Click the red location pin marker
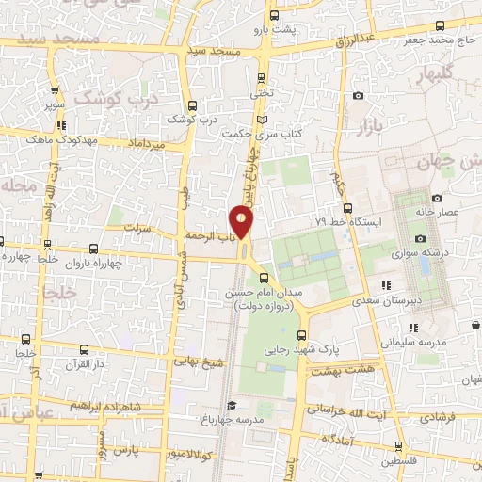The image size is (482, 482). tap(242, 222)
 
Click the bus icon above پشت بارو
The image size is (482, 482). tap(273, 16)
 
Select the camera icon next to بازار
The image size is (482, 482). tap(358, 96)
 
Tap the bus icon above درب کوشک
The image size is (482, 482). tap(192, 105)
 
